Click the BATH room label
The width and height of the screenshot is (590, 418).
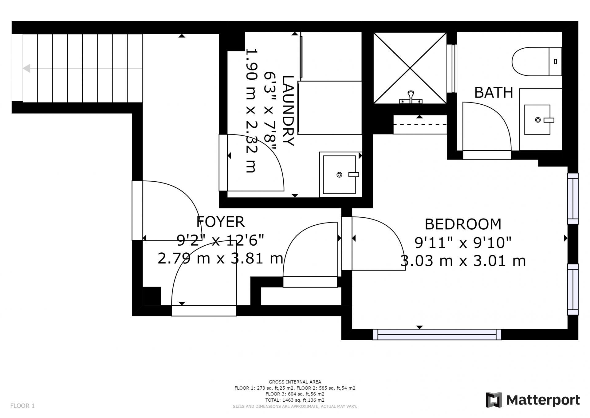pyautogui.click(x=494, y=92)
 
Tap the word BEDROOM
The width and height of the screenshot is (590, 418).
pyautogui.click(x=463, y=224)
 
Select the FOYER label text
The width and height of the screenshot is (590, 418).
pyautogui.click(x=220, y=222)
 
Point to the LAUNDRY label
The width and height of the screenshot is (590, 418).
pyautogui.click(x=288, y=111)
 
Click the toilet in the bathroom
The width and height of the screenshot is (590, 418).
pyautogui.click(x=537, y=62)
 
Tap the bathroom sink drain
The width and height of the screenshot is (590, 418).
pyautogui.click(x=538, y=120)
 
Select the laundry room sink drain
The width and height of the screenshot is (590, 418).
pyautogui.click(x=339, y=175)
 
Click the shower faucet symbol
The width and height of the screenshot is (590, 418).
pyautogui.click(x=411, y=97)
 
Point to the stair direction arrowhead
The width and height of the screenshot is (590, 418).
pyautogui.click(x=26, y=68)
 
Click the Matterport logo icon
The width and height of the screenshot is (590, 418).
pyautogui.click(x=494, y=400)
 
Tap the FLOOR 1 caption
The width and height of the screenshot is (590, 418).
pyautogui.click(x=22, y=406)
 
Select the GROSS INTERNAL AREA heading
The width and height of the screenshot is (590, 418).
pyautogui.click(x=295, y=382)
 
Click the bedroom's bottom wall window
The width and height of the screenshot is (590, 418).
pyautogui.click(x=437, y=334)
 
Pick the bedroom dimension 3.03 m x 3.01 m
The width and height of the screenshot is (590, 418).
pyautogui.click(x=463, y=261)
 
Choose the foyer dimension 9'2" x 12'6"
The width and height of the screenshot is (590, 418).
pyautogui.click(x=220, y=240)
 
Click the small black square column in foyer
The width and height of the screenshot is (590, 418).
pyautogui.click(x=152, y=296)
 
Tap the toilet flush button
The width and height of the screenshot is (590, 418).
pyautogui.click(x=555, y=62)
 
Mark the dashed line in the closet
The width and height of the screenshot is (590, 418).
pyautogui.click(x=420, y=124)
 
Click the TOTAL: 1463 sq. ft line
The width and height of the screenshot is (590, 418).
pyautogui.click(x=295, y=400)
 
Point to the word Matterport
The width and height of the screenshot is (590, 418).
pyautogui.click(x=543, y=400)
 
